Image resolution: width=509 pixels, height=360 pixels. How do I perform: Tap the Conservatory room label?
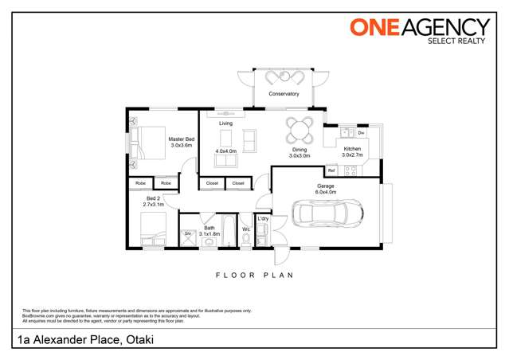point(283,94)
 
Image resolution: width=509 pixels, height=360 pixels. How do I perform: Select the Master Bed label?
point(181,139)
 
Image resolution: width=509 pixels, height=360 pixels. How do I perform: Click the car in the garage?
point(329,213)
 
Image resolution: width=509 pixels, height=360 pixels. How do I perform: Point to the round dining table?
point(300,129)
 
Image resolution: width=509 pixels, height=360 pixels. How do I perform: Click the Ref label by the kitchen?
point(331,170)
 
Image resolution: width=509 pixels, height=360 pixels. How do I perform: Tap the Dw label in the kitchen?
point(361,132)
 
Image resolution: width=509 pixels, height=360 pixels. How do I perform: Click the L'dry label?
point(262,218)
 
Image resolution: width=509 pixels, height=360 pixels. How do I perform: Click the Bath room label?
point(209,229)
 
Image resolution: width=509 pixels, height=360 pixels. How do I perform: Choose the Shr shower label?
point(188,233)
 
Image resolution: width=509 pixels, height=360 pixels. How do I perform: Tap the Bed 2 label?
point(153,198)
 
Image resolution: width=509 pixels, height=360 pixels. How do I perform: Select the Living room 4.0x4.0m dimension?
point(225,151)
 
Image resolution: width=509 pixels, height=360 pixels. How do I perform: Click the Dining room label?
point(299,149)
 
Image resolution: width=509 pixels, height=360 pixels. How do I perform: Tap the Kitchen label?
point(352,149)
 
